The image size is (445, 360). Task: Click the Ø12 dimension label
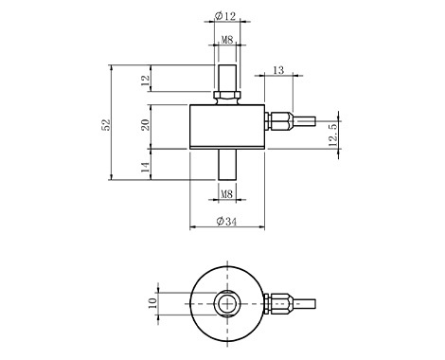click(x=225, y=16)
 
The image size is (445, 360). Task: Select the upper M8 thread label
click(x=227, y=40)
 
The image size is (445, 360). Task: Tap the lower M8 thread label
click(x=227, y=194)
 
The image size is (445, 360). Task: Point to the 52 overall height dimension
click(x=106, y=124)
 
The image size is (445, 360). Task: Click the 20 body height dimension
click(x=145, y=125)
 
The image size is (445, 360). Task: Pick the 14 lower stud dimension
click(x=145, y=167)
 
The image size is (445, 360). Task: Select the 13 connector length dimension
click(x=278, y=70)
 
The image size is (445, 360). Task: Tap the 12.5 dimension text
click(x=333, y=134)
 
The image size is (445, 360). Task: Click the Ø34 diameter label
click(x=226, y=222)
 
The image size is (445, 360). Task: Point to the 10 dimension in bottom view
click(x=152, y=303)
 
